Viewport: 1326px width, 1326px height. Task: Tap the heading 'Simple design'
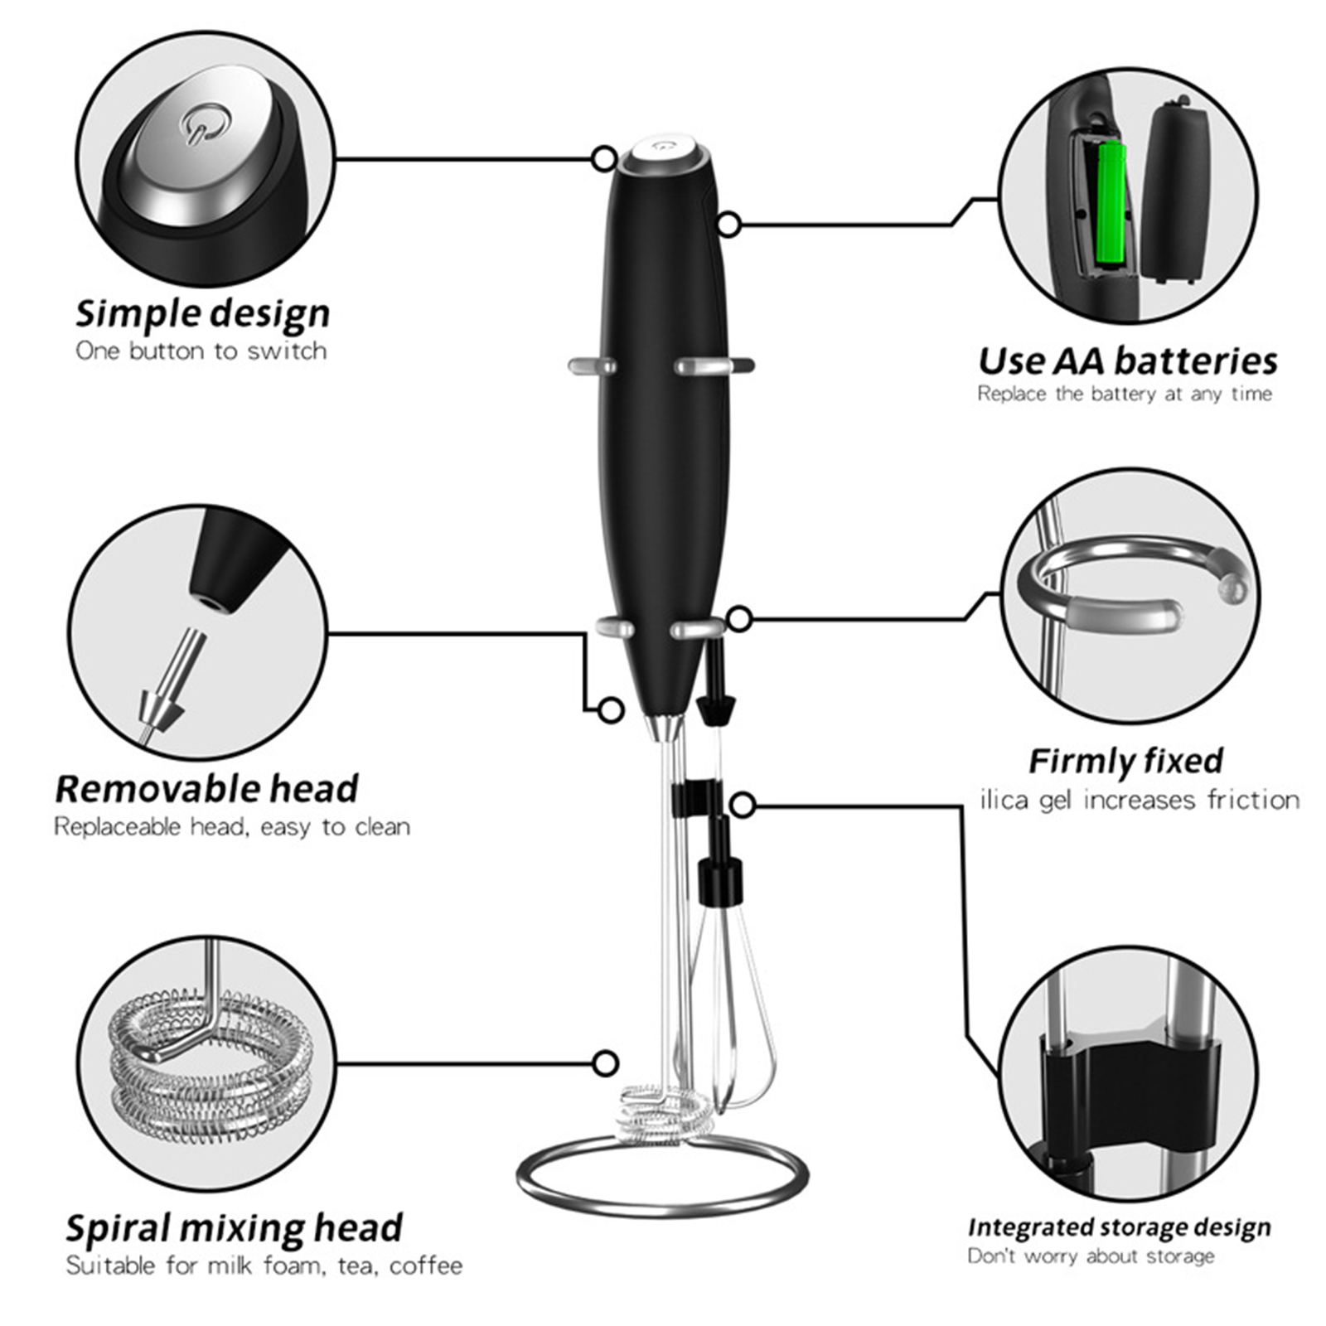pyautogui.click(x=203, y=313)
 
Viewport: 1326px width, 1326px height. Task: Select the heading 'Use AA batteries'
pyautogui.click(x=1128, y=361)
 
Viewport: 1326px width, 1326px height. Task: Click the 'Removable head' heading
pyautogui.click(x=206, y=788)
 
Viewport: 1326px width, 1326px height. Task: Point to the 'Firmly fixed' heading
pyautogui.click(x=1125, y=760)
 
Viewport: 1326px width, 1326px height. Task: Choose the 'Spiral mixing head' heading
pyautogui.click(x=234, y=1227)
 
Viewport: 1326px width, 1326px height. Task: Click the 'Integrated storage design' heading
pyautogui.click(x=1119, y=1227)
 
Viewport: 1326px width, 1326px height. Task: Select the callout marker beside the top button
pyautogui.click(x=605, y=158)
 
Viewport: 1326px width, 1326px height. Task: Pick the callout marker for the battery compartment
pyautogui.click(x=728, y=224)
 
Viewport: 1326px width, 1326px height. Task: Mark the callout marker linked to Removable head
pyautogui.click(x=611, y=709)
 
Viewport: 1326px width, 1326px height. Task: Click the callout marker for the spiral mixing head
pyautogui.click(x=606, y=1063)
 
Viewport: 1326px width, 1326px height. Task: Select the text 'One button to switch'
pyautogui.click(x=201, y=351)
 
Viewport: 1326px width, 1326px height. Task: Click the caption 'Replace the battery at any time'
pyautogui.click(x=1125, y=394)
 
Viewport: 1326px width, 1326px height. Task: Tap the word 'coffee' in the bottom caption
pyautogui.click(x=426, y=1266)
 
